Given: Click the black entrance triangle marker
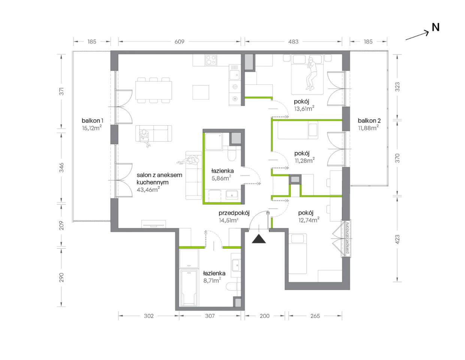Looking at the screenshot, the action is pyautogui.click(x=259, y=239).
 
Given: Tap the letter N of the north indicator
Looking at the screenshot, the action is pyautogui.click(x=436, y=27).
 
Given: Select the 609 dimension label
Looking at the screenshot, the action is pyautogui.click(x=179, y=42).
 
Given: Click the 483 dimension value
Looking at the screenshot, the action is pyautogui.click(x=293, y=42).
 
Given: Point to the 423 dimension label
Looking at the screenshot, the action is pyautogui.click(x=397, y=239).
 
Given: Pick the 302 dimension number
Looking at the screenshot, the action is pyautogui.click(x=149, y=316).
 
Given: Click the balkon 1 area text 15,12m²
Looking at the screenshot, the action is pyautogui.click(x=92, y=128).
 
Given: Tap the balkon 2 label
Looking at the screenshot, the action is pyautogui.click(x=369, y=121).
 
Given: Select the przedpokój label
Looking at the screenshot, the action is pyautogui.click(x=234, y=213).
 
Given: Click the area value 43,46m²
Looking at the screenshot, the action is pyautogui.click(x=148, y=189).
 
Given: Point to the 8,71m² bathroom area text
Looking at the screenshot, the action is pyautogui.click(x=212, y=280).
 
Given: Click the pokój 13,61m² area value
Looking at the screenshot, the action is pyautogui.click(x=304, y=108).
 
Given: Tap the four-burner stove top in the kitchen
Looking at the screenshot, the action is pyautogui.click(x=211, y=60).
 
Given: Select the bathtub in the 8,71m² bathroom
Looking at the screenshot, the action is pyautogui.click(x=189, y=288).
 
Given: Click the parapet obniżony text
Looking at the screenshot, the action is pyautogui.click(x=347, y=238).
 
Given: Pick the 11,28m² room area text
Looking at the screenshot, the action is pyautogui.click(x=305, y=160).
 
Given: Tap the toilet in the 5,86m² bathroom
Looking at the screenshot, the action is pyautogui.click(x=232, y=153).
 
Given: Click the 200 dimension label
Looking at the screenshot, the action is pyautogui.click(x=265, y=316).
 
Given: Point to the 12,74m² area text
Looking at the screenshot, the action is pyautogui.click(x=309, y=220).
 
